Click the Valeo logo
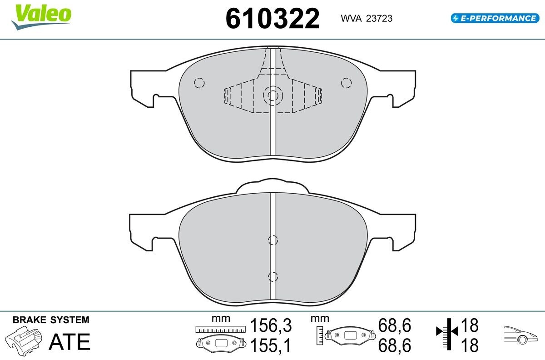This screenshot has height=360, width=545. coord(41,16)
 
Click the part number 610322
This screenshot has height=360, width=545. coord(272,19)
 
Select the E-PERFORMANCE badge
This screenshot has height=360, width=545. coord(495,18)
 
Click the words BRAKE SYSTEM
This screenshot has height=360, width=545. coord(51,320)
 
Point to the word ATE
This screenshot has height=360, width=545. coord(69,342)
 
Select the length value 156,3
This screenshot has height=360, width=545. coord(271,325)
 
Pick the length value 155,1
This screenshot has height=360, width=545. coord(271,345)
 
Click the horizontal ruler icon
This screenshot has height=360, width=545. coord(220,329)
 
